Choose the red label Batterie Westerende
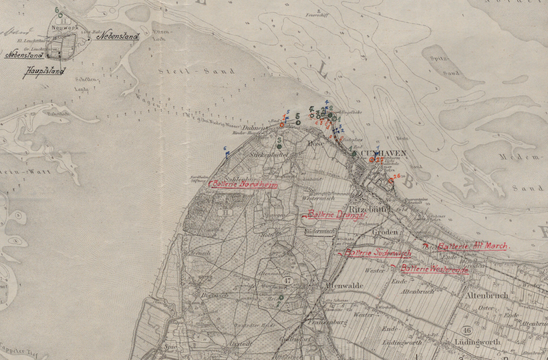[434, 268]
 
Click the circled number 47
[288, 281]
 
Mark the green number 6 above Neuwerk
[57, 10]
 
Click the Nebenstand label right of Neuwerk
[118, 36]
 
